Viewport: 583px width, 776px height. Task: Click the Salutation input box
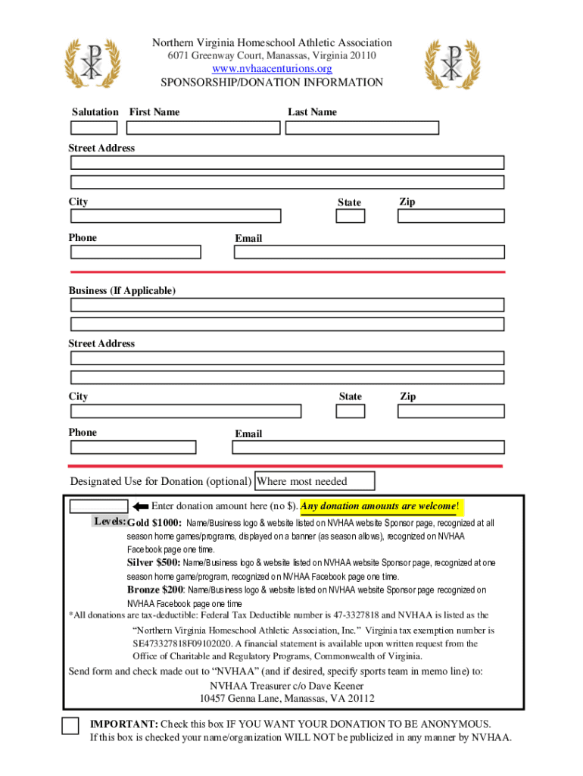pos(94,128)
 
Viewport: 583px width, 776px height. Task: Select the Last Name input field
pos(362,128)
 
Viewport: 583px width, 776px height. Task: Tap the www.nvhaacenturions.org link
pos(272,69)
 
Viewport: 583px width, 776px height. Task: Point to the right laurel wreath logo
pos(452,64)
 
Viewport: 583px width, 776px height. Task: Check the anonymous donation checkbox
pos(70,725)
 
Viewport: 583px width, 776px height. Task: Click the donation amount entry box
pos(98,506)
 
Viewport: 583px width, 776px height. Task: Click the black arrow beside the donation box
pos(140,506)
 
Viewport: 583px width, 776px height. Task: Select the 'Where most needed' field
pos(315,481)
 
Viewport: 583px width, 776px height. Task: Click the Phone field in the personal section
pos(136,252)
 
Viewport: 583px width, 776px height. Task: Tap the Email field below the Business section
pos(367,447)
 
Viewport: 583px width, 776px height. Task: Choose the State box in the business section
pos(351,411)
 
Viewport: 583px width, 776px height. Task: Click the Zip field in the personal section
pos(450,216)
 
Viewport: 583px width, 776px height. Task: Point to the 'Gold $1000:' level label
pos(154,523)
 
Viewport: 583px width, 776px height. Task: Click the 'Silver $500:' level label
pos(153,563)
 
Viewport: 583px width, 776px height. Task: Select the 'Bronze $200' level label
pos(155,590)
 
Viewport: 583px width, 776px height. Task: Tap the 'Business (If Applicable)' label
pos(122,291)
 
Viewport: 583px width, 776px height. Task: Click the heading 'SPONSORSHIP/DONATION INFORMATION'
pos(272,83)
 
